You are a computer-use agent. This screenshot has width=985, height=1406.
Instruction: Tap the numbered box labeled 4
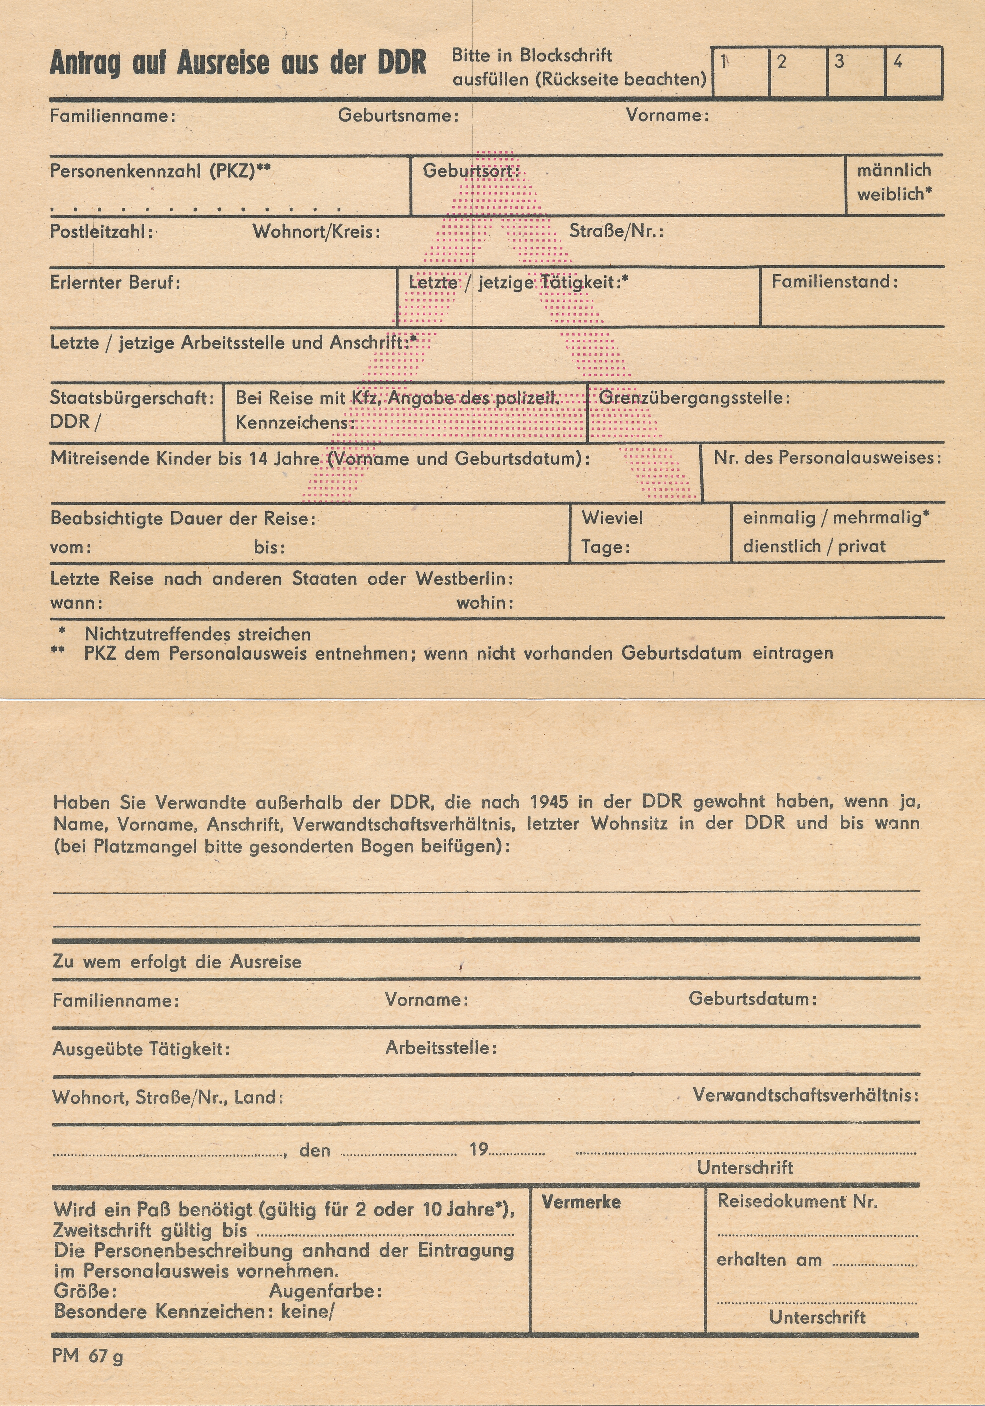click(913, 72)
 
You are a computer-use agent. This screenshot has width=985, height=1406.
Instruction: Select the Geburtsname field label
click(398, 116)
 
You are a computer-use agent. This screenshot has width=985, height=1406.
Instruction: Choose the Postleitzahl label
click(101, 232)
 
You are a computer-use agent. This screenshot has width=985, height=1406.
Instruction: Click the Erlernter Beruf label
click(115, 283)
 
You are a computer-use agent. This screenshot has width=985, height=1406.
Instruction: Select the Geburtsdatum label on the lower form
click(752, 999)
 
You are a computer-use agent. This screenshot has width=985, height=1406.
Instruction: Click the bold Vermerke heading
click(581, 1202)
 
